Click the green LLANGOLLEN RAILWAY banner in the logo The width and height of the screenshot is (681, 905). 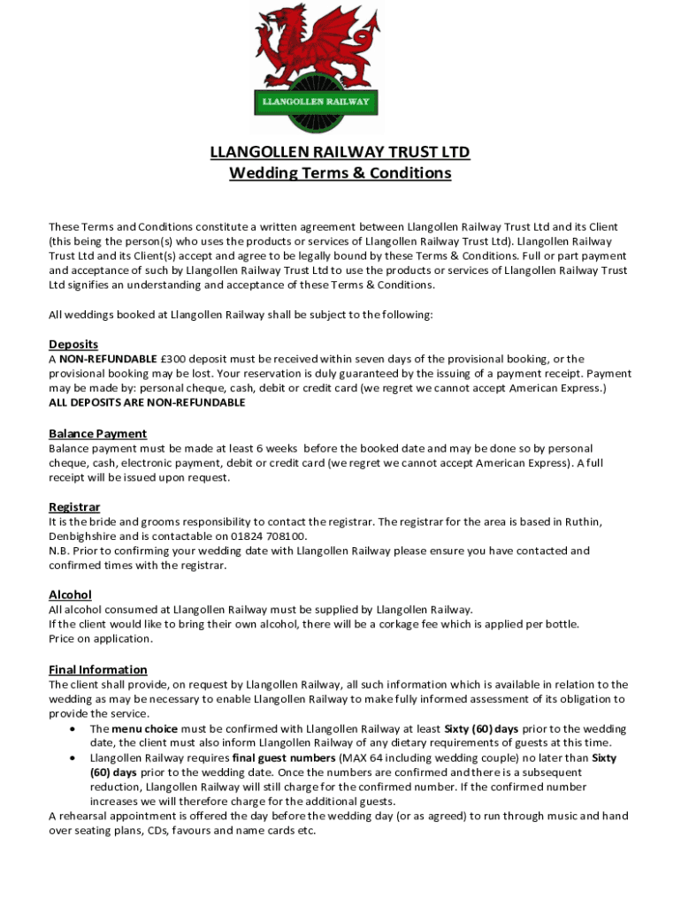316,102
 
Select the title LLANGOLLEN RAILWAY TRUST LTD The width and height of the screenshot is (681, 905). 340,152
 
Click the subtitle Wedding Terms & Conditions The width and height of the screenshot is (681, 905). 340,173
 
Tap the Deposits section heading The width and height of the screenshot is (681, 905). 73,344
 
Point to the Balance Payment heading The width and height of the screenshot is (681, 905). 97,434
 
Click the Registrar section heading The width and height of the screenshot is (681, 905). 74,507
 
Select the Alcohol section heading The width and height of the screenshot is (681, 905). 70,595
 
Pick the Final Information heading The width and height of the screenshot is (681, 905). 97,670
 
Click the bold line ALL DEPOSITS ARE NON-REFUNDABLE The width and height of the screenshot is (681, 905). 147,402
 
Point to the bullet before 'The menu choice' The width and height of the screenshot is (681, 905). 72,729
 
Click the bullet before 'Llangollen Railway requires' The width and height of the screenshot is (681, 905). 72,758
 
